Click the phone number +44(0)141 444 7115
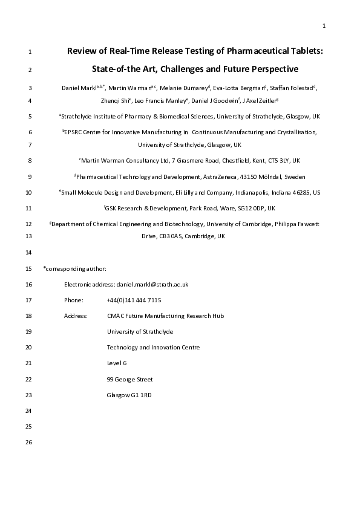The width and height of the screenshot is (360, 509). pyautogui.click(x=134, y=300)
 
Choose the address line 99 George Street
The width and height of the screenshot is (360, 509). pyautogui.click(x=129, y=380)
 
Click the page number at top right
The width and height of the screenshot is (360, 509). pyautogui.click(x=324, y=25)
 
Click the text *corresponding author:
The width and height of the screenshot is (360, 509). pyautogui.click(x=75, y=268)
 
